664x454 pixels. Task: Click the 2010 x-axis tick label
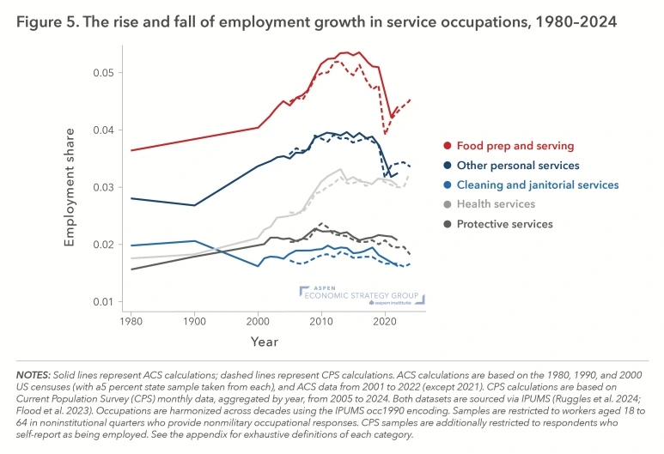tap(322, 320)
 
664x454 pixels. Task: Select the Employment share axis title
tap(70, 187)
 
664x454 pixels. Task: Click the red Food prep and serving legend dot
tap(447, 146)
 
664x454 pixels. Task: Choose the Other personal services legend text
tap(518, 166)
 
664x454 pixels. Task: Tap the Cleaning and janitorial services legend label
tap(537, 185)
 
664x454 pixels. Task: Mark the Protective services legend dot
tap(447, 224)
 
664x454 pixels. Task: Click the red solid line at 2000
tap(259, 127)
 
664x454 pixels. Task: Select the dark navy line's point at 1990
tap(195, 205)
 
